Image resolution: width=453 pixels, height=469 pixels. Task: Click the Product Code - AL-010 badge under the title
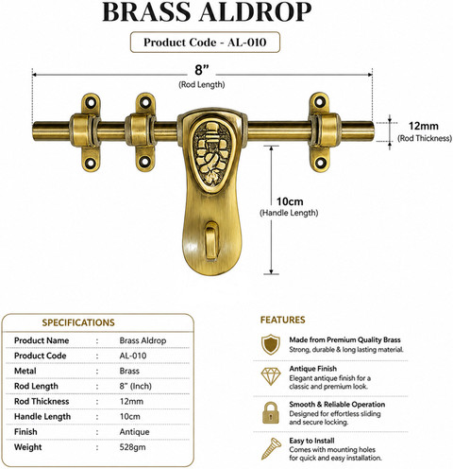[205, 43]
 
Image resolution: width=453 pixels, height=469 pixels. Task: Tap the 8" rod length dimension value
[202, 70]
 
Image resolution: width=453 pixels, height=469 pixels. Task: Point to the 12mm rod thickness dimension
[423, 126]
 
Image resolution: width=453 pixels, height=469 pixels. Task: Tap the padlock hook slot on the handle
[211, 240]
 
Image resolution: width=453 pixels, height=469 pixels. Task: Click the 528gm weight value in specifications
[132, 447]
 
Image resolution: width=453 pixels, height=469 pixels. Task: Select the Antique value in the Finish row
[134, 432]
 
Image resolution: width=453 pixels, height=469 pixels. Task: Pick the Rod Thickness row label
[42, 401]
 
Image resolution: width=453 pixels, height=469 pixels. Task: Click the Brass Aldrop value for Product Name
[143, 340]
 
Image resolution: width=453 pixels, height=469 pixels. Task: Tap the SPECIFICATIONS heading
[78, 322]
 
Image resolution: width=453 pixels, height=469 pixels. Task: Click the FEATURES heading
[282, 320]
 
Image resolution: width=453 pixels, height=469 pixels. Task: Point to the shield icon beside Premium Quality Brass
[271, 344]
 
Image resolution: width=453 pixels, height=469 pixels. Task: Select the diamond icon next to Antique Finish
[271, 376]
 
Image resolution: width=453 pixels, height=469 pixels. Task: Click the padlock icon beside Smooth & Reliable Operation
[271, 413]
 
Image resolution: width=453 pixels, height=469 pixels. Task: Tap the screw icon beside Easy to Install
[271, 448]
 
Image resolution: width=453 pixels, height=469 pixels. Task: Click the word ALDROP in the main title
[255, 12]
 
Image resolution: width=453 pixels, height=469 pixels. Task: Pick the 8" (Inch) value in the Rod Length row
[135, 386]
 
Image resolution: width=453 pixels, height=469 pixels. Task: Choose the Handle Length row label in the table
[42, 417]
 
